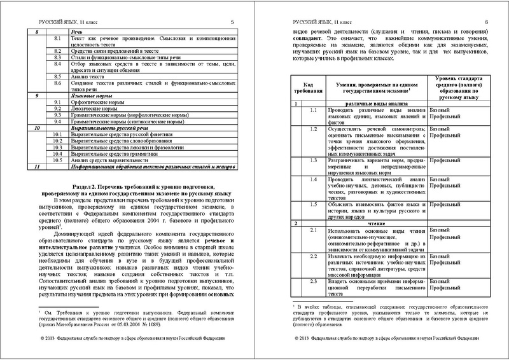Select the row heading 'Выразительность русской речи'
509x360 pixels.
pos(108,128)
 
